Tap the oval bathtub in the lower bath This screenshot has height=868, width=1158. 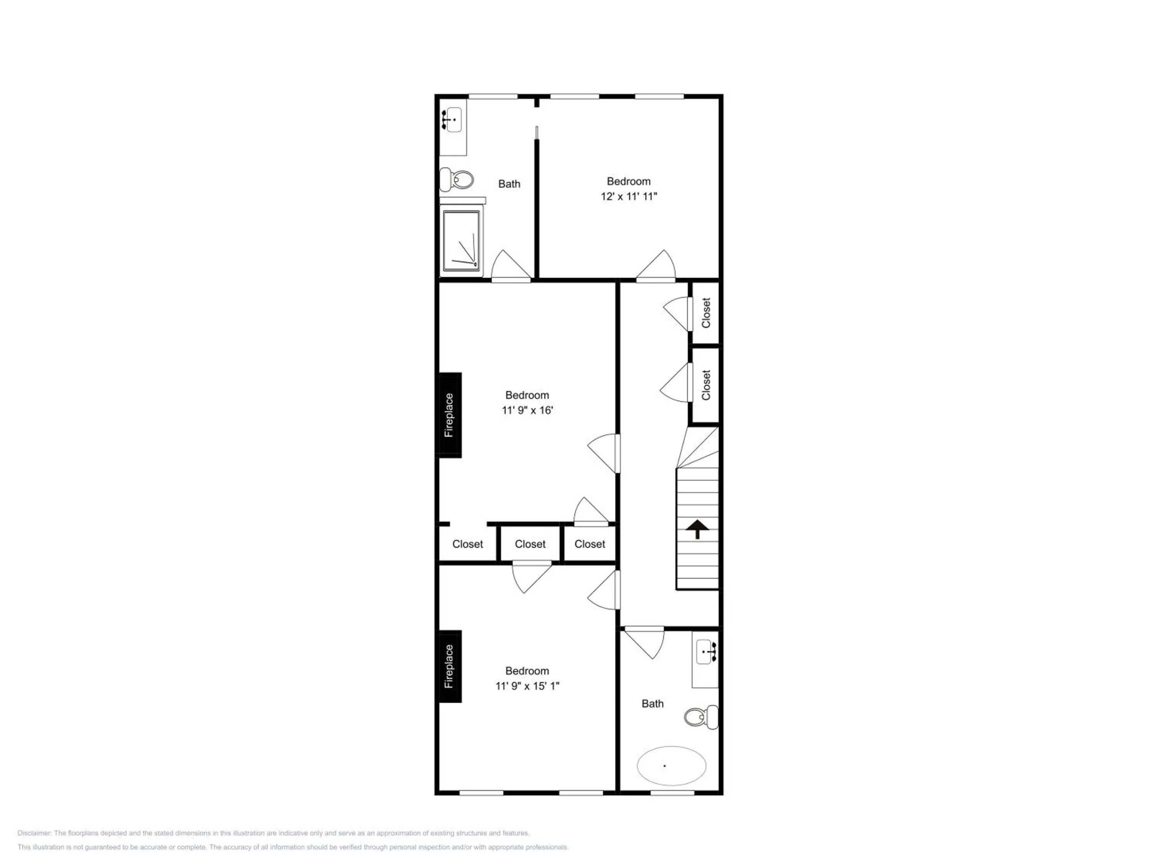click(x=671, y=765)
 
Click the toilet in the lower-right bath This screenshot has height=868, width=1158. click(x=701, y=717)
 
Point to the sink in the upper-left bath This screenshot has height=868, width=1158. click(x=452, y=120)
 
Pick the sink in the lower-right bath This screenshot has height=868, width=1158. click(x=707, y=652)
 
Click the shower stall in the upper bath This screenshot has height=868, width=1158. click(x=461, y=241)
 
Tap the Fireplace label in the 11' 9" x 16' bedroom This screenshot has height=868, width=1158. click(x=449, y=415)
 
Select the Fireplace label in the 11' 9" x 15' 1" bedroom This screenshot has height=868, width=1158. click(x=449, y=667)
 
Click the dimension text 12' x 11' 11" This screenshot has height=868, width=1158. click(x=629, y=197)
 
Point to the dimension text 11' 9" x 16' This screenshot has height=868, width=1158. click(x=527, y=410)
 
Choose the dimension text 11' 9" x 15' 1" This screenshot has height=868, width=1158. click(x=527, y=686)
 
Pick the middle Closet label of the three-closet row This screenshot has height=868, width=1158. click(x=530, y=544)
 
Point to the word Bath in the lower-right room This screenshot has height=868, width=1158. click(x=652, y=704)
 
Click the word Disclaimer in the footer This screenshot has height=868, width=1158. click(x=34, y=833)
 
